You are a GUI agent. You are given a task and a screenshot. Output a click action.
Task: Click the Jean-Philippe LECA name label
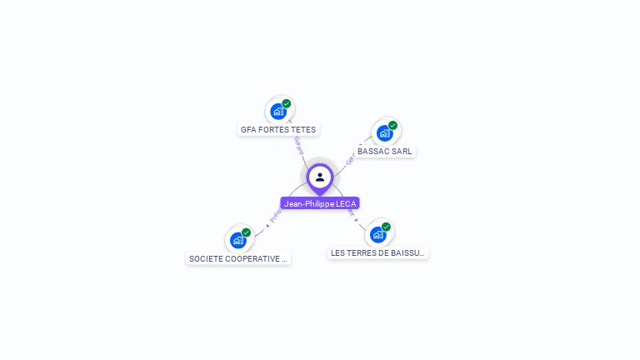click(x=320, y=203)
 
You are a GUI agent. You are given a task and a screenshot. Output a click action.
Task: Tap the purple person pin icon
click(x=320, y=177)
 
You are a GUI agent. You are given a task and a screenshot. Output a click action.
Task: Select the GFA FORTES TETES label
click(x=278, y=130)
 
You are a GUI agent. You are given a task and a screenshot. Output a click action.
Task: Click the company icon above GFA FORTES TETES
click(x=278, y=112)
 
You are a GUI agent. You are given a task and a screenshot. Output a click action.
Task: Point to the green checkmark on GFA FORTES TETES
click(x=287, y=104)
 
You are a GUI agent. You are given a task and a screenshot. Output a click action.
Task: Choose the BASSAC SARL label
click(x=385, y=152)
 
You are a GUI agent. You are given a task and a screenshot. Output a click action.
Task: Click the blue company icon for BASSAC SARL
click(x=384, y=132)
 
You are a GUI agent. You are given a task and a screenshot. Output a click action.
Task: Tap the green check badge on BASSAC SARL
click(x=392, y=126)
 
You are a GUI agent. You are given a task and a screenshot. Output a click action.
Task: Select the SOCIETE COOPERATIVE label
click(x=238, y=259)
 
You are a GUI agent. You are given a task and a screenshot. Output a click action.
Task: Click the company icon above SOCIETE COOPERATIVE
click(x=238, y=240)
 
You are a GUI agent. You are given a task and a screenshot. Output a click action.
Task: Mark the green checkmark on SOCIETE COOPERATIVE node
click(x=246, y=232)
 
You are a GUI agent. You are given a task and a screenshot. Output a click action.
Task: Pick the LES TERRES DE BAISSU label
click(x=377, y=252)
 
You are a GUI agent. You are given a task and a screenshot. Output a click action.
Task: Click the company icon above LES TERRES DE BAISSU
click(x=377, y=234)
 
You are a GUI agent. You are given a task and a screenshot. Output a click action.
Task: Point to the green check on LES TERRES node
click(x=386, y=227)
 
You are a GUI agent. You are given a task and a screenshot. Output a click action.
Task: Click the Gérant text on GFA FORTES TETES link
click(x=297, y=146)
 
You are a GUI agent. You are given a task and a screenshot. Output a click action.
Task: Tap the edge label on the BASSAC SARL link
click(x=350, y=157)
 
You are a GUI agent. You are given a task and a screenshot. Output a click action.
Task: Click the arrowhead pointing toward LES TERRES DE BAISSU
click(x=357, y=222)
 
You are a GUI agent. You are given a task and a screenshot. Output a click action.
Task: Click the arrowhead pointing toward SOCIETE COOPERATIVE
click(x=267, y=225)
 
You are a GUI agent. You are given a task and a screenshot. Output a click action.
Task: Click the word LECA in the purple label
click(x=346, y=203)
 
